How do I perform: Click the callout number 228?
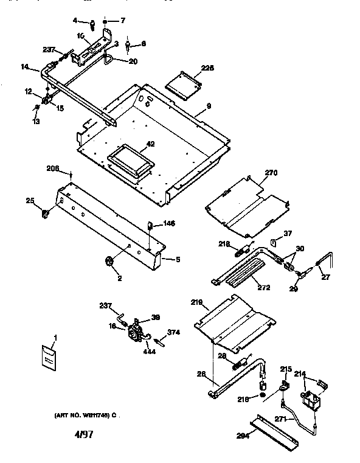point(207,68)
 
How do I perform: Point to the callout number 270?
point(270,173)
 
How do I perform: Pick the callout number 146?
point(168,224)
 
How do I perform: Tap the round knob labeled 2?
point(110,262)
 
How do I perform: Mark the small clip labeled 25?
point(45,212)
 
